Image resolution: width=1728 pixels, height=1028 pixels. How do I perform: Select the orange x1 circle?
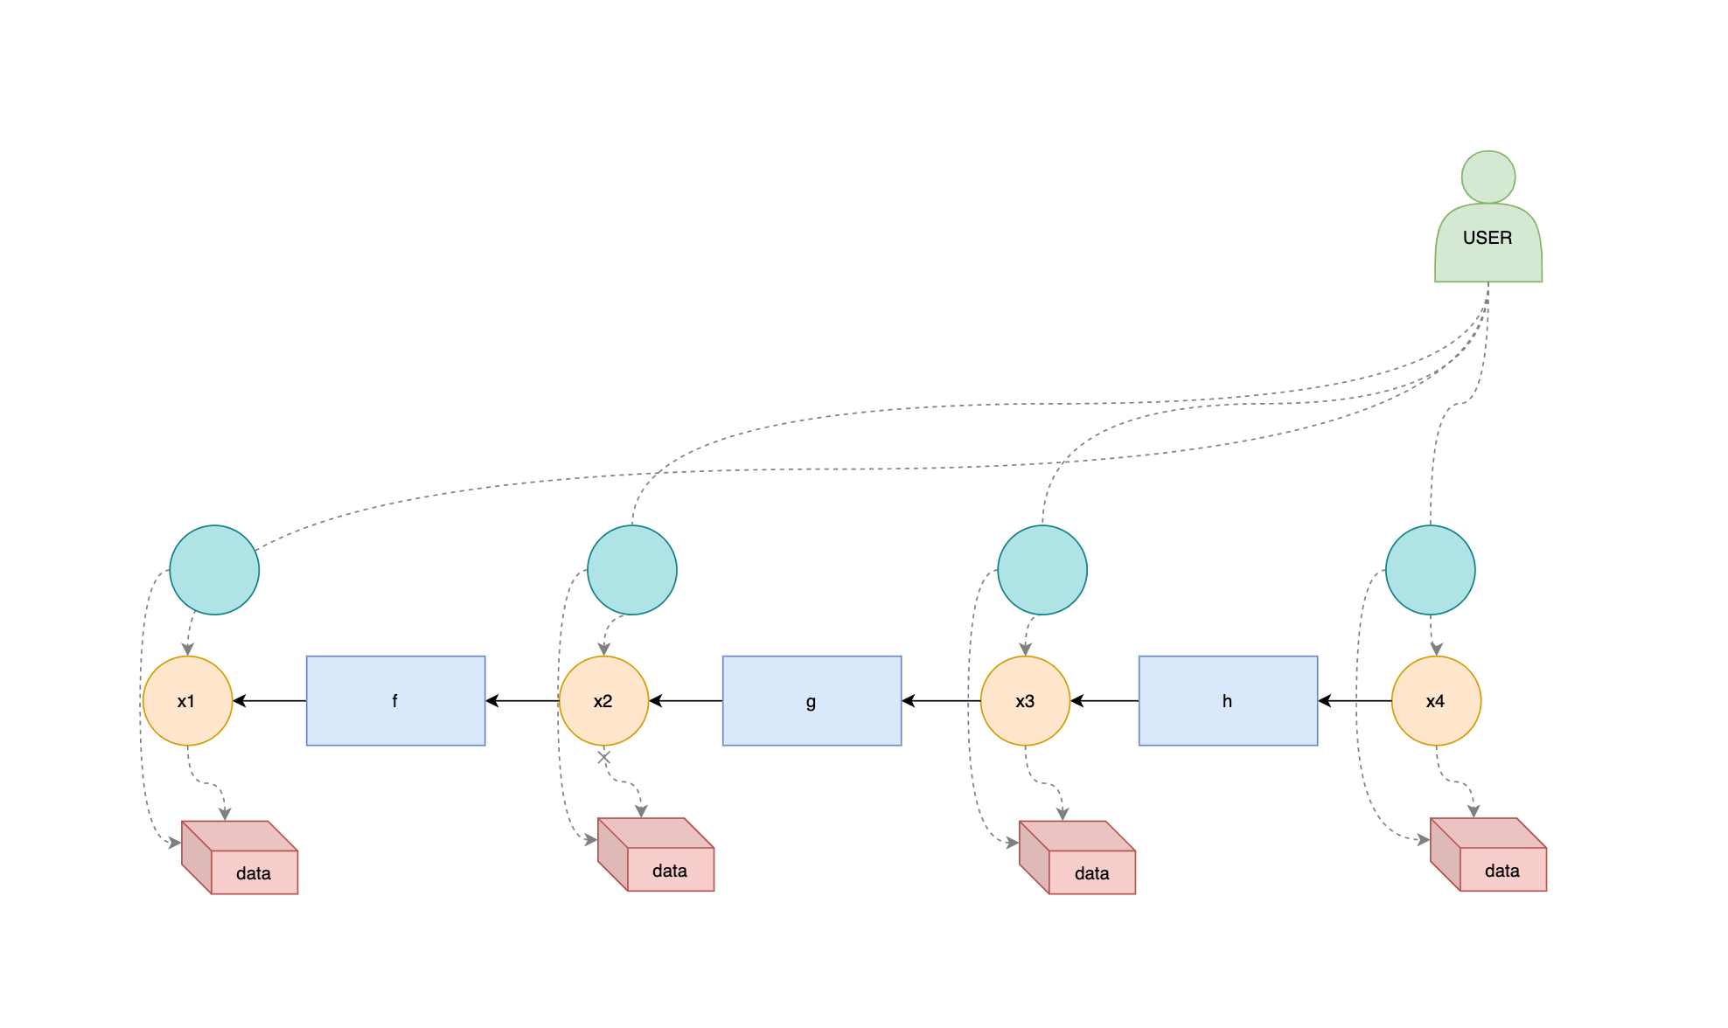tap(187, 701)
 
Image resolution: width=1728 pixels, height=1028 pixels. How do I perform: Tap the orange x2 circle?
tap(603, 701)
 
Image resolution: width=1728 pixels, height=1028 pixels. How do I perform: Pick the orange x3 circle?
tap(1025, 701)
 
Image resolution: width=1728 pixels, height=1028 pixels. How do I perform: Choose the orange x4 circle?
tap(1436, 701)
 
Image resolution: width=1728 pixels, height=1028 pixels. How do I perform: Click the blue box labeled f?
tap(395, 701)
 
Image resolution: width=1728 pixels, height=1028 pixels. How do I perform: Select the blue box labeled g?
tap(812, 701)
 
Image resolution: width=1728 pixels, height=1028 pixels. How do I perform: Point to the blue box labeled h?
tap(1228, 701)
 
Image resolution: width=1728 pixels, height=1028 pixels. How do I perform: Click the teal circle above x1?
tap(214, 570)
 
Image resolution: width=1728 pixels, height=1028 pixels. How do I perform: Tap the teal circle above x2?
tap(632, 570)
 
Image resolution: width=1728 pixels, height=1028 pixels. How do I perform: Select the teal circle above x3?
tap(1042, 570)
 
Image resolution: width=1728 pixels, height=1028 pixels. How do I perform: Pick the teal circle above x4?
tap(1431, 570)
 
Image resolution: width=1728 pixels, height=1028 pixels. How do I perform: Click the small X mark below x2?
tap(603, 758)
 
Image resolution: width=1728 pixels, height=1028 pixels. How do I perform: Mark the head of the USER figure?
tap(1488, 177)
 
